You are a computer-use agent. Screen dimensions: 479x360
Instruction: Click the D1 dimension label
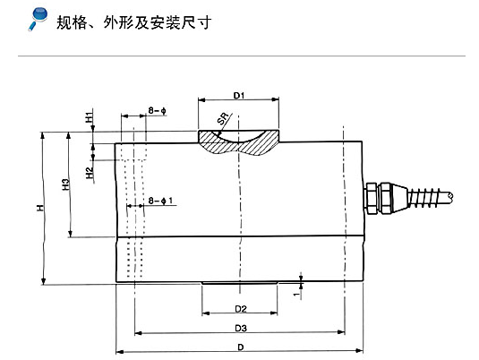[239, 96]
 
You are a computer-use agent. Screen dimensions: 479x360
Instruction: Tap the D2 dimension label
[241, 309]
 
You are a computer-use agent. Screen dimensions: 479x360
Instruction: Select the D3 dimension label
[241, 329]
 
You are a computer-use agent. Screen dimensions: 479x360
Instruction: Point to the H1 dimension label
[89, 117]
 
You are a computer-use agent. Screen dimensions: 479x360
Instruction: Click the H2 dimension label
[90, 173]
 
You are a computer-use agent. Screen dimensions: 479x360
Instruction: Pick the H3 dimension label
[65, 184]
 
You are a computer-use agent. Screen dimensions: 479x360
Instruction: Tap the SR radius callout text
[223, 118]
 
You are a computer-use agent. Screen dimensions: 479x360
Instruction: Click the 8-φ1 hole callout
[160, 201]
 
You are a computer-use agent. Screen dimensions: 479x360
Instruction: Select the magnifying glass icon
[38, 19]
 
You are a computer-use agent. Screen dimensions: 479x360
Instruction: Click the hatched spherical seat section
[238, 142]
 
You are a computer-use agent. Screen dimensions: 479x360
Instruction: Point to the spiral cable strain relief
[424, 197]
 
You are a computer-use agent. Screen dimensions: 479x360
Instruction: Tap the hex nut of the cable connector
[372, 198]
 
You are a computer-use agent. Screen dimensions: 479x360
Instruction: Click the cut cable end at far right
[449, 196]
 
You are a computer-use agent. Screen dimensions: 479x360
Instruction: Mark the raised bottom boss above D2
[240, 283]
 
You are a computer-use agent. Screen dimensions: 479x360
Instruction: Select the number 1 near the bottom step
[296, 294]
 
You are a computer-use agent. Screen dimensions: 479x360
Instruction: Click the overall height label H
[40, 208]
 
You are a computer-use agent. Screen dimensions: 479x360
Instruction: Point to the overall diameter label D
[241, 347]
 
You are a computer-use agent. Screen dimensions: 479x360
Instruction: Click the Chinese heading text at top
[133, 22]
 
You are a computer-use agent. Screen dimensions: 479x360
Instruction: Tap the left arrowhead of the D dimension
[120, 351]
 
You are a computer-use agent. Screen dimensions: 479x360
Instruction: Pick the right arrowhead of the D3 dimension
[341, 332]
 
